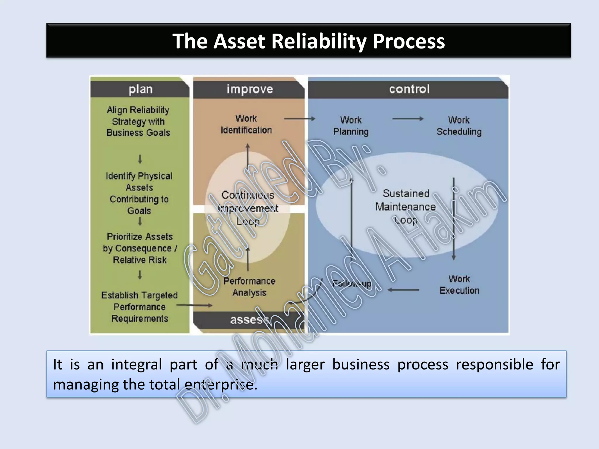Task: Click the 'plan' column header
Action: [140, 89]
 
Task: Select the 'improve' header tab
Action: [249, 89]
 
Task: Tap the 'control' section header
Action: [409, 89]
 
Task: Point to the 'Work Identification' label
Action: [246, 124]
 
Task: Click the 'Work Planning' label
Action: [351, 126]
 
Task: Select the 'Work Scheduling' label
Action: [459, 126]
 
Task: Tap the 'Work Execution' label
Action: [459, 285]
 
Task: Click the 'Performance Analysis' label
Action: [249, 287]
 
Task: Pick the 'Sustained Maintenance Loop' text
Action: [406, 207]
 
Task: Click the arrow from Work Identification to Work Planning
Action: [299, 119]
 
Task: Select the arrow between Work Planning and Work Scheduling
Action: [408, 119]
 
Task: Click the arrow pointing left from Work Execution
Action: [403, 290]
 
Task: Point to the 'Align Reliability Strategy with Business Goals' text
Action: [138, 121]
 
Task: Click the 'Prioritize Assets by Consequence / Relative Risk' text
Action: [140, 248]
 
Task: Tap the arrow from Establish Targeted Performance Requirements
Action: [194, 305]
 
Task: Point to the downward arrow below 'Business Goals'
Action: [140, 159]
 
